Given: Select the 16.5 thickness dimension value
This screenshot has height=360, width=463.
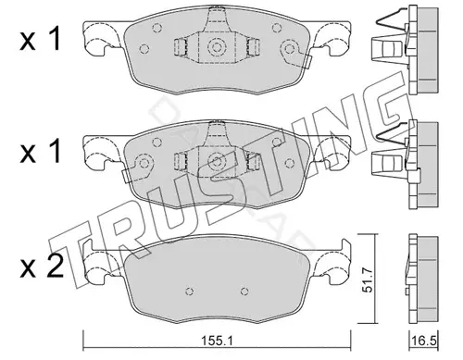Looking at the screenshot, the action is coord(423,341).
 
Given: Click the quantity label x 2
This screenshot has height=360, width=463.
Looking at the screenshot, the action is coord(42,267).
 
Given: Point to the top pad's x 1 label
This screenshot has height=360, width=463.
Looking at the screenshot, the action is coord(40,41).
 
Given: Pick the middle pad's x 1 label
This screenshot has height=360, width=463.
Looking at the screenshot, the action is coord(40,153).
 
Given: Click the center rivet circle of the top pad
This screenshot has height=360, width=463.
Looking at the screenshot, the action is coord(215,47).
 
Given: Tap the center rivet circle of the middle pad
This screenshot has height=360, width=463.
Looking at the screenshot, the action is coord(215,161).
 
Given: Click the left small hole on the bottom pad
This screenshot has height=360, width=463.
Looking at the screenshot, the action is coord(190,292).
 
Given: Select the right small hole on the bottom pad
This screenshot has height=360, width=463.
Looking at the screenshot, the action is coord(244,292).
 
